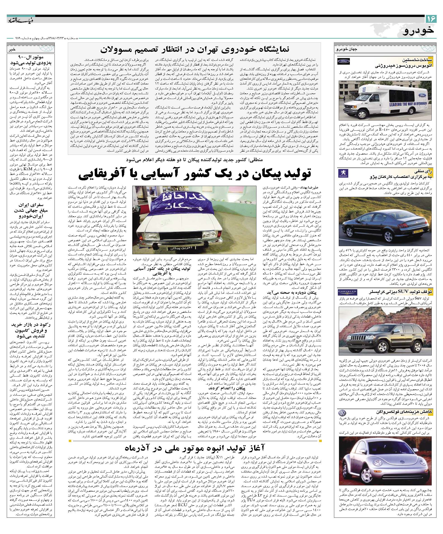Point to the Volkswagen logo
click(341, 412)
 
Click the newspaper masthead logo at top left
click(20, 20)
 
